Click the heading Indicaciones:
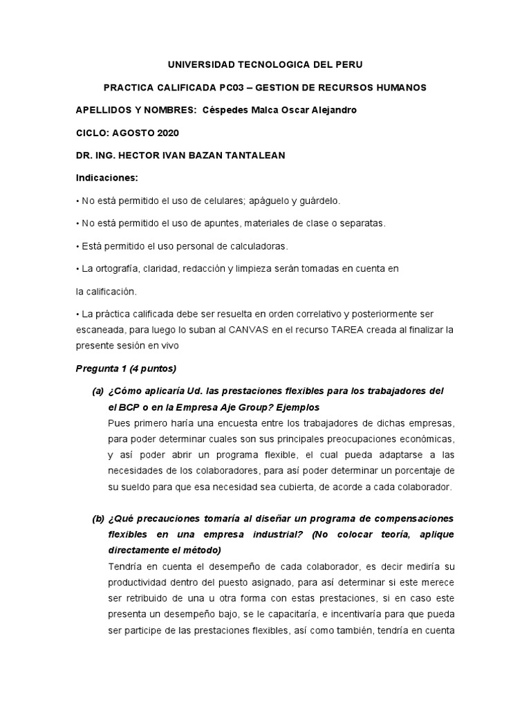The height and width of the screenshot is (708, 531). [x=106, y=178]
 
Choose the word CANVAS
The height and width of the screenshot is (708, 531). [x=248, y=330]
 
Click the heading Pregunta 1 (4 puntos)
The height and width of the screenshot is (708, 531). [x=127, y=369]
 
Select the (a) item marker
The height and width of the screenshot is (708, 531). [x=97, y=391]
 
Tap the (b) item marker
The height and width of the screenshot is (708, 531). [x=97, y=519]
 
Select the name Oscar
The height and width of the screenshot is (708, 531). [x=296, y=110]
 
